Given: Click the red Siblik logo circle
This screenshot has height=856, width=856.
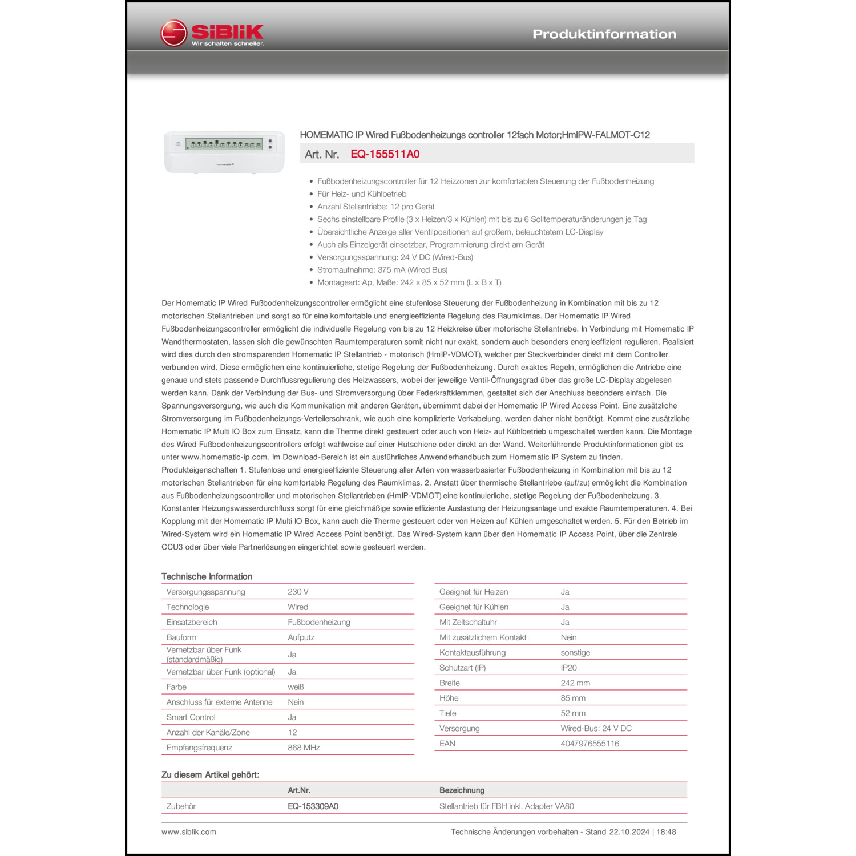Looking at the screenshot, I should click(173, 33).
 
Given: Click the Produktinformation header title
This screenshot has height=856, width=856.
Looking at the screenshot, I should click(604, 34).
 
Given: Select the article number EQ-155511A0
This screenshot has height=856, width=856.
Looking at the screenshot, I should click(385, 154).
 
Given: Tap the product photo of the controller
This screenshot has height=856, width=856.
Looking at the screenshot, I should click(224, 152).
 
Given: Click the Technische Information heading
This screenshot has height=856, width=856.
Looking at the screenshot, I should click(207, 576).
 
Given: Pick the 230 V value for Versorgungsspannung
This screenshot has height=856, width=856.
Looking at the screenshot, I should click(298, 592).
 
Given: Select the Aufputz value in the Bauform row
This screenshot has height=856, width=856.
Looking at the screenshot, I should click(301, 637).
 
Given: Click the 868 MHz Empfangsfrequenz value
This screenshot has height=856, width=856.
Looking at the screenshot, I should click(304, 748).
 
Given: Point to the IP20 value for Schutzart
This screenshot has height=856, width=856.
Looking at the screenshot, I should click(568, 668).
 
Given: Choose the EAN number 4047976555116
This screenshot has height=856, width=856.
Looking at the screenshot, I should click(589, 744).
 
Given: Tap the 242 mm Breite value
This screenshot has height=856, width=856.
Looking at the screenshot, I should click(575, 683).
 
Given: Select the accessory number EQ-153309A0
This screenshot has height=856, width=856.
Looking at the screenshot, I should click(313, 806).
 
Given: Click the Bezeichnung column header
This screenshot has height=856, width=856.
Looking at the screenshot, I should click(462, 790).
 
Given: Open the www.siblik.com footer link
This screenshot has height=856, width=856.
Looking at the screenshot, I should click(189, 832).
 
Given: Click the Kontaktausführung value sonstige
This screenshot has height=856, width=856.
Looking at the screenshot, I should click(575, 653).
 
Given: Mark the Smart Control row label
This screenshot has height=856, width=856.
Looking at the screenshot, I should click(191, 717).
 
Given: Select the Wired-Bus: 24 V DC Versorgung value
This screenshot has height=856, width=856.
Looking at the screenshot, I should click(596, 729).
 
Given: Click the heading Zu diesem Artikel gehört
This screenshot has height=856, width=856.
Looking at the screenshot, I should click(210, 775).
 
